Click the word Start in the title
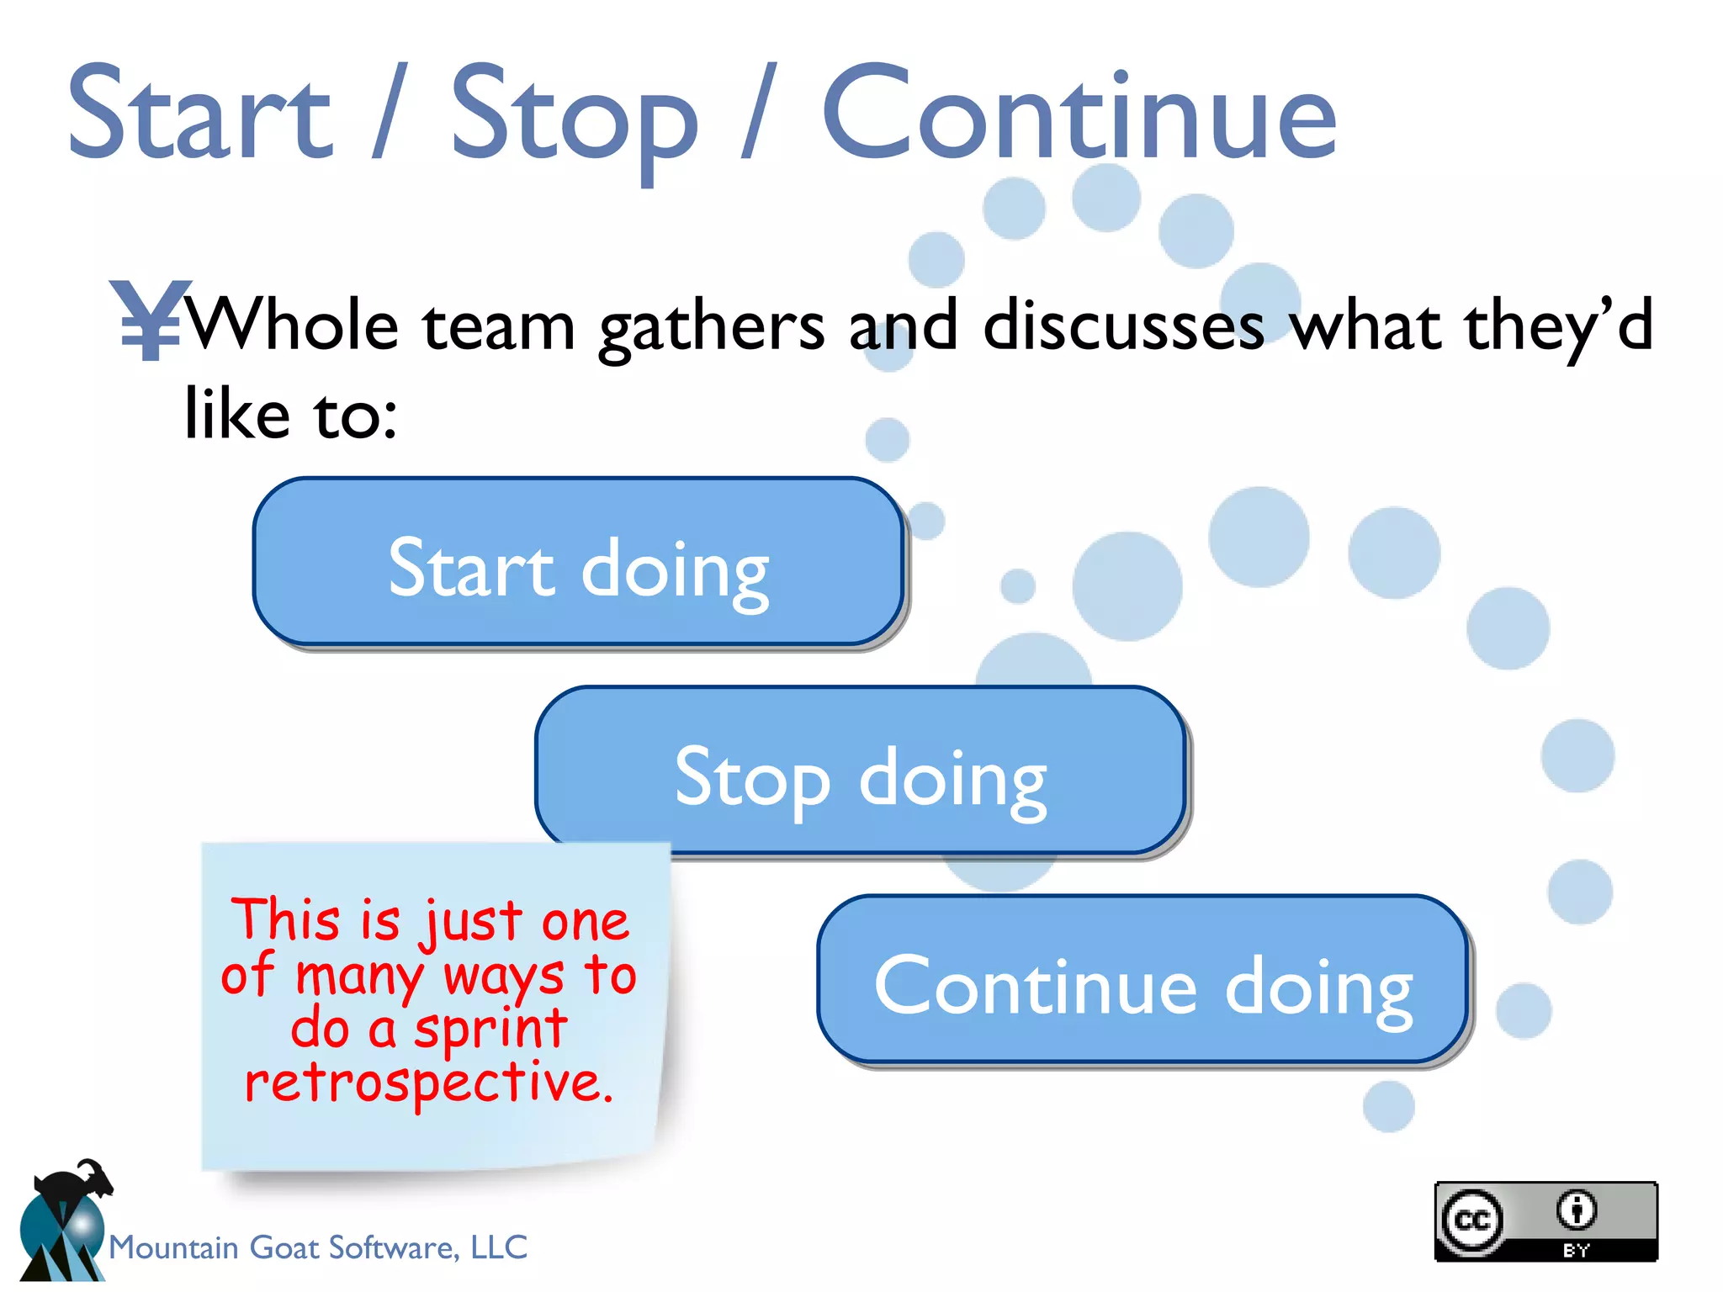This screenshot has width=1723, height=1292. (199, 114)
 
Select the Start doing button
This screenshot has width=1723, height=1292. (578, 562)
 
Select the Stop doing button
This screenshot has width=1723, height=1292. (860, 770)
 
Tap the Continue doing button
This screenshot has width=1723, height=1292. (1142, 979)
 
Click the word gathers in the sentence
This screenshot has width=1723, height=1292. (711, 328)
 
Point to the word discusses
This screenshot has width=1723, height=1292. (1123, 326)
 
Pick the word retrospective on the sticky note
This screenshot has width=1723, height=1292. (428, 1083)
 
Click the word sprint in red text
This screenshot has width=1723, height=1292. (490, 1030)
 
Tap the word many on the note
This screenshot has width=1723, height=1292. (360, 977)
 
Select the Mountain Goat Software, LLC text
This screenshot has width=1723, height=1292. (318, 1247)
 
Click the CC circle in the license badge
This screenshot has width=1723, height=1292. (1471, 1220)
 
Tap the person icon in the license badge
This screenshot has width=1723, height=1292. (1576, 1210)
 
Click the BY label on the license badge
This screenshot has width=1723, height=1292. (1576, 1250)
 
